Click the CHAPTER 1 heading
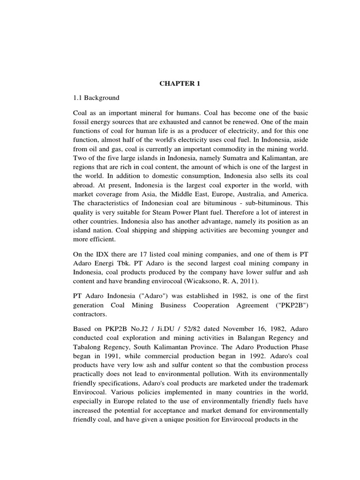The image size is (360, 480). click(x=180, y=84)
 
